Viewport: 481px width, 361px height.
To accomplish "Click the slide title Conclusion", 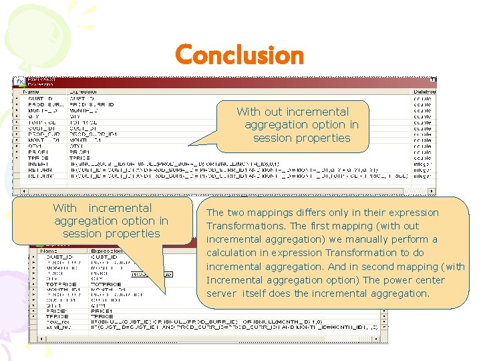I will pos(239,55).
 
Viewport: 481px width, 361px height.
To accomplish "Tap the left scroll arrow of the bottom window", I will pos(31,339).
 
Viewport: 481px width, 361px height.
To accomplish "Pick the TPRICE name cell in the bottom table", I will pos(55,316).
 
